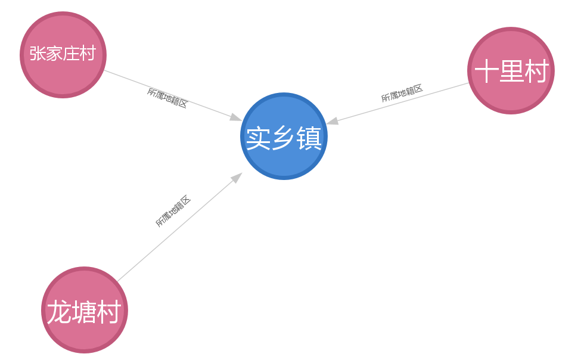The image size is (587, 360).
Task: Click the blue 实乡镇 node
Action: coord(284,136)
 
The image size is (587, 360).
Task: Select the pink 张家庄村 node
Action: coord(63,55)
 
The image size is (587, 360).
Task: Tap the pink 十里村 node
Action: coord(511,70)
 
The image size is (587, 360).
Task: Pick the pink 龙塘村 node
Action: coord(85,310)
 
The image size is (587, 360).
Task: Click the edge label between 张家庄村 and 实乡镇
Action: coord(167,98)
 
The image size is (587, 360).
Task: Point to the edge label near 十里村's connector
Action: coord(402,93)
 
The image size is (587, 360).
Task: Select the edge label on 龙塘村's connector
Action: coord(173,211)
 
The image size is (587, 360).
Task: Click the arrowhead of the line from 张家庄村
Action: coord(236,117)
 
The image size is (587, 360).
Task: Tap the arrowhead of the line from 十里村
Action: coord(333,120)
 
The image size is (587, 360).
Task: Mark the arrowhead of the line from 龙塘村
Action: coord(237,178)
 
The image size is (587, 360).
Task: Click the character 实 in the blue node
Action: coord(258,138)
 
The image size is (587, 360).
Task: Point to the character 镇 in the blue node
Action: coord(309,138)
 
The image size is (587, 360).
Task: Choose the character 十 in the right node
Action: coord(486,71)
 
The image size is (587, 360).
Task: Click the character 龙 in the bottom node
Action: coord(59,311)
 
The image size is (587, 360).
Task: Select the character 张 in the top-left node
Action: coord(38,53)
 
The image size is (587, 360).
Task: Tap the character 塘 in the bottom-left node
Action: coord(84,311)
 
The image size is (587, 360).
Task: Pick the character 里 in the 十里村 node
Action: coord(511,71)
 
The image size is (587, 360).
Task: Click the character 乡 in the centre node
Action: coord(284,138)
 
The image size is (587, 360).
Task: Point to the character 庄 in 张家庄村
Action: coord(71,53)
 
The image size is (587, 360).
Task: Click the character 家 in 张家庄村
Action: coord(54,53)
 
